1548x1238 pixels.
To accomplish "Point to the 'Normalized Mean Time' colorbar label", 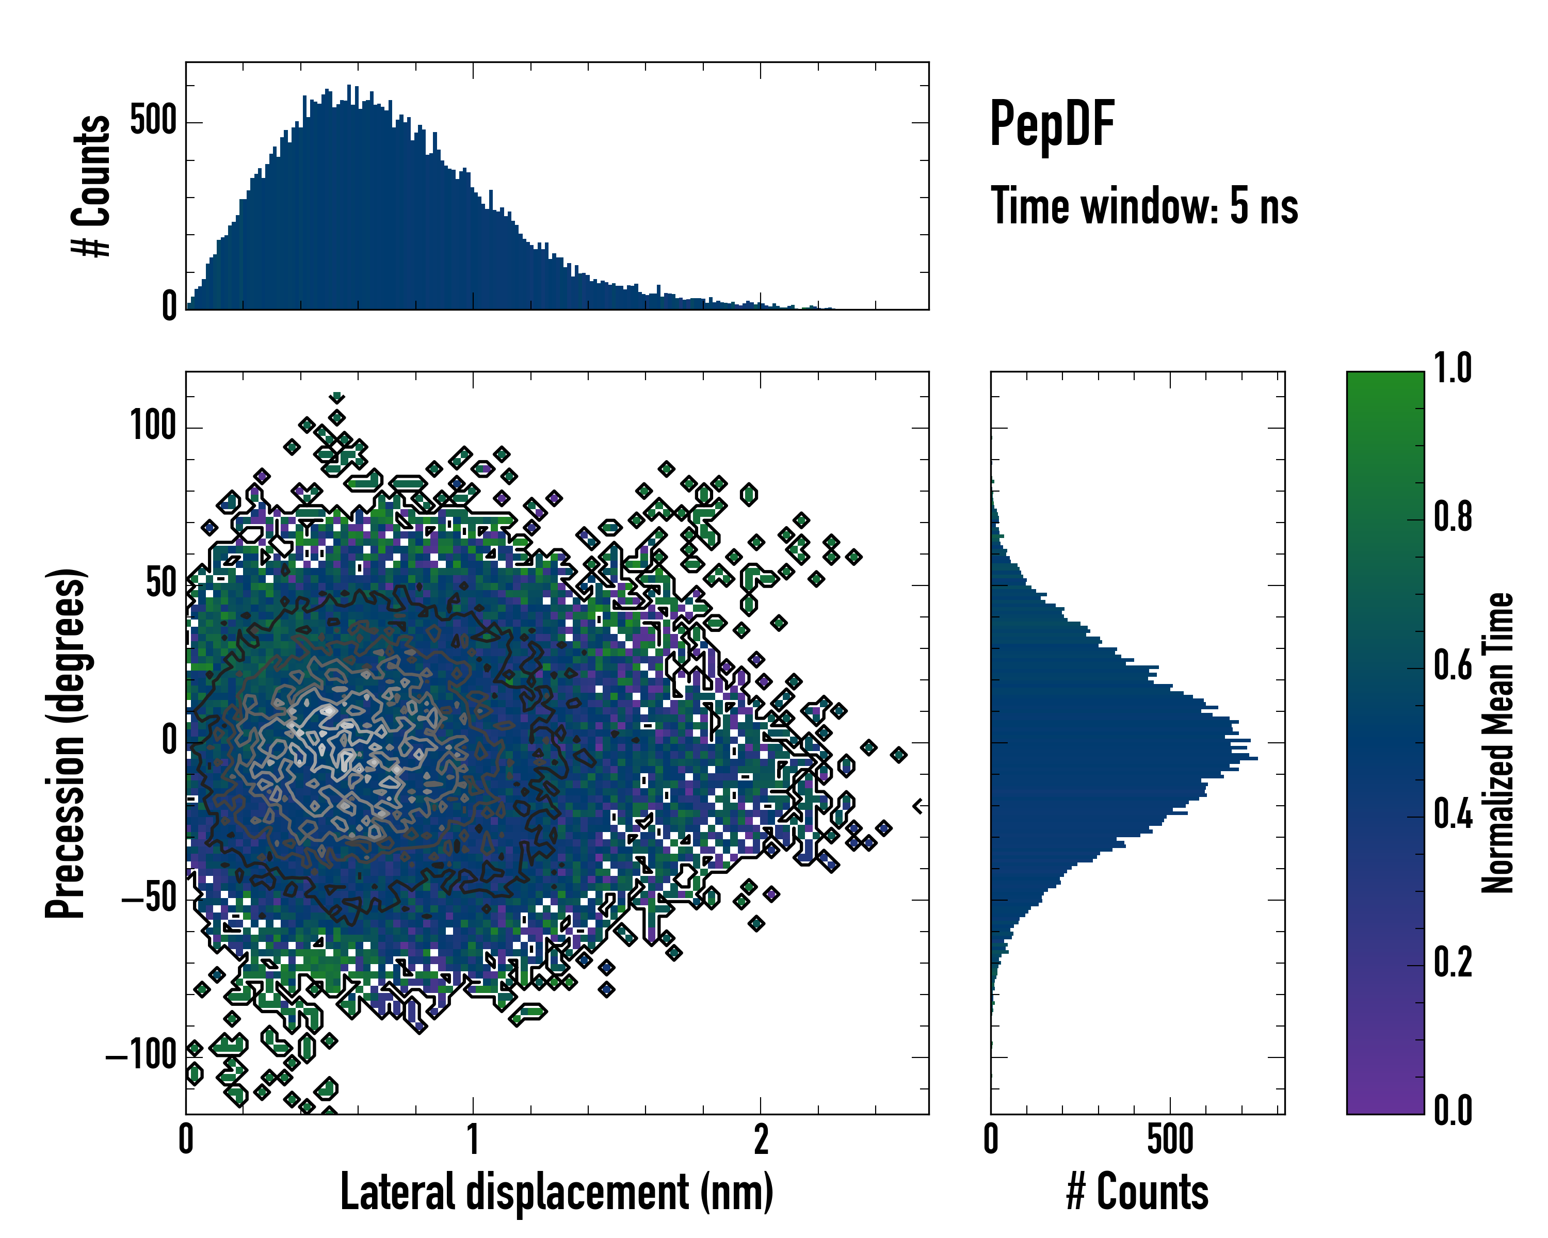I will pos(1498,743).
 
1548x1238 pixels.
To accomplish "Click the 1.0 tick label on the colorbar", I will pos(1453,368).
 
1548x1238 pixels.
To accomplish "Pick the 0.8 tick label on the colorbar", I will pos(1453,517).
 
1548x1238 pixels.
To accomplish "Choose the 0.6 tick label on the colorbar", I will pos(1453,665).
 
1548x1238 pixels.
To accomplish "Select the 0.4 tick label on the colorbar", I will pos(1453,814).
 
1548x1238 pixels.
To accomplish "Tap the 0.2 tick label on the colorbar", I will pos(1453,963).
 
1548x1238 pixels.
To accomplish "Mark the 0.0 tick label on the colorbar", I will pos(1453,1110).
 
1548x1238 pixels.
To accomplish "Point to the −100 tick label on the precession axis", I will pos(141,1056).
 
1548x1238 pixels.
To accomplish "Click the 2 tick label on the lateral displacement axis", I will pos(761,1139).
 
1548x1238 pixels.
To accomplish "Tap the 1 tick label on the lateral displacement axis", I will pos(473,1139).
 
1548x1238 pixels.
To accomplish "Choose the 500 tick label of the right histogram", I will pos(1170,1139).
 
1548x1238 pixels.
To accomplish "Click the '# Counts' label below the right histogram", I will pos(1137,1192).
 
